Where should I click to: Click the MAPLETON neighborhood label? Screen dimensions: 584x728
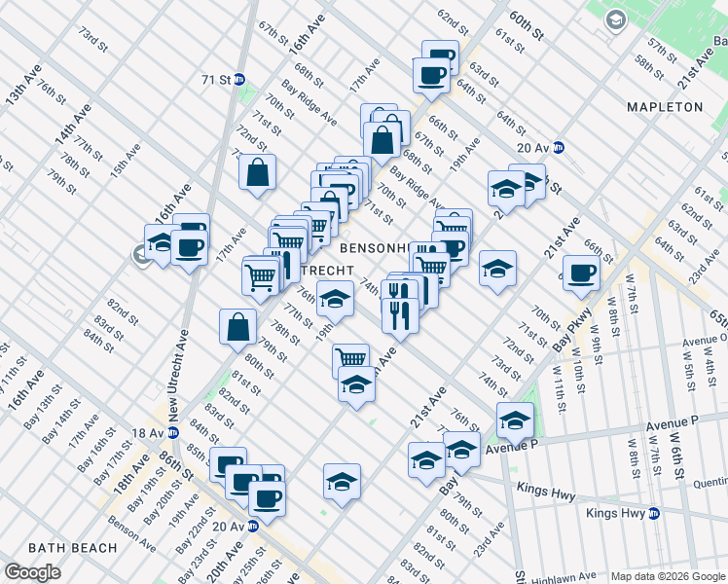click(665, 106)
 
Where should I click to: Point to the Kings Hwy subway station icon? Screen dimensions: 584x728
click(655, 512)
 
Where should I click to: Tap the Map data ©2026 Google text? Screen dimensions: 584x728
click(668, 576)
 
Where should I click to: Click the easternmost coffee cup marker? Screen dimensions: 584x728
click(581, 272)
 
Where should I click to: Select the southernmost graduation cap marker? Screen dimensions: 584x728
click(341, 480)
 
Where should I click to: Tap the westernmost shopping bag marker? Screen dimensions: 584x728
click(238, 327)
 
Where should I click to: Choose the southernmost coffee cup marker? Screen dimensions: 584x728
click(266, 496)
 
